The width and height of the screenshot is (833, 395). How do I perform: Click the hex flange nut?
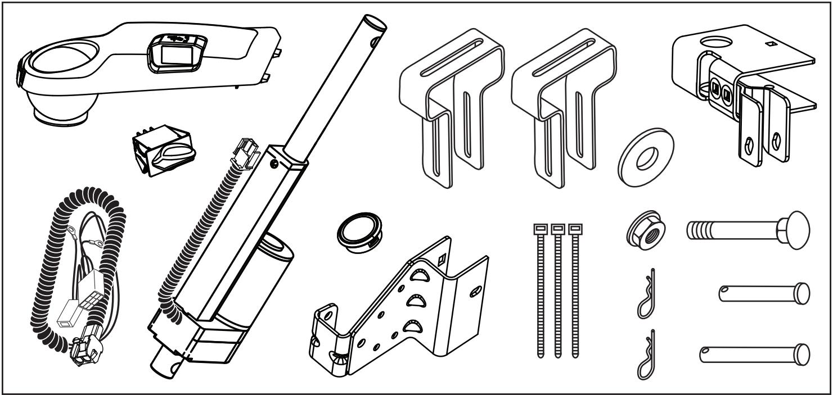coord(645,230)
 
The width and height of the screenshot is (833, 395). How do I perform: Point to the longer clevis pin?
coord(754,354)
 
